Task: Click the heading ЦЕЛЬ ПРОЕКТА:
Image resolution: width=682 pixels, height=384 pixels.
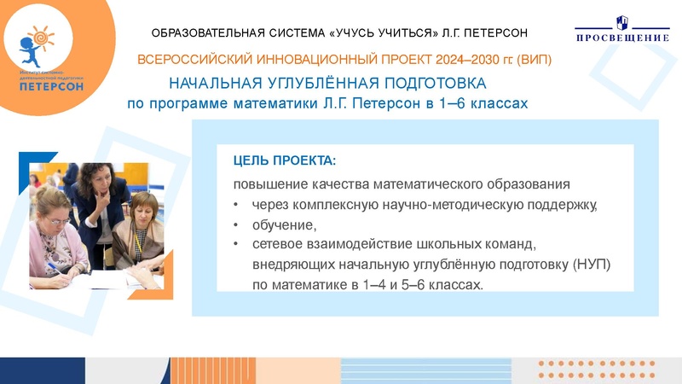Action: [x=285, y=160]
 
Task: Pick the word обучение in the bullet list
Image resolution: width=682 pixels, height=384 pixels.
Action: [x=283, y=225]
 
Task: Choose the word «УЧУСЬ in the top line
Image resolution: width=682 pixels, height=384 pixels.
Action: [x=354, y=33]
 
